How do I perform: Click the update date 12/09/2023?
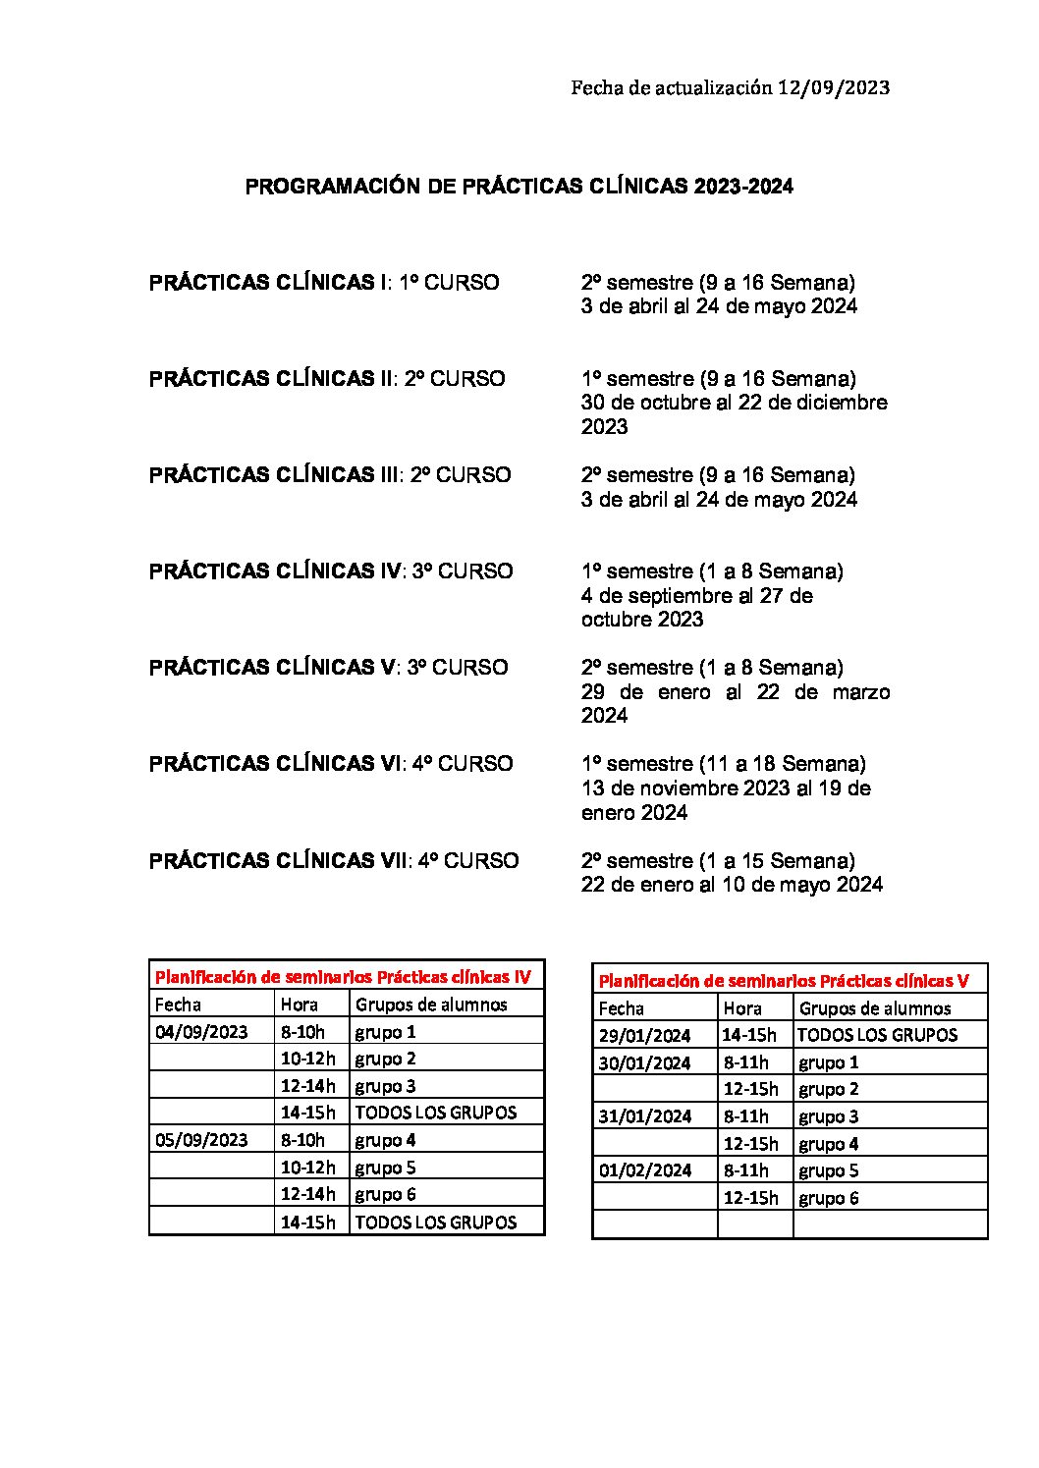833,87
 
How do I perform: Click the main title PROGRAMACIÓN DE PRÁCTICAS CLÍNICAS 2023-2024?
519,187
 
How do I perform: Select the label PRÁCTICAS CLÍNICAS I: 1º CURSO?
324,283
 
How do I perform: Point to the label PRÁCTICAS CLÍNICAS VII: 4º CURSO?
334,861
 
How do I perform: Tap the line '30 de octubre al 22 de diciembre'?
734,403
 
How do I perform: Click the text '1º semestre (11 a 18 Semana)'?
723,764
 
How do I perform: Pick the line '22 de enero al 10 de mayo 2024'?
732,885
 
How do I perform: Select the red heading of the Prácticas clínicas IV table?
343,977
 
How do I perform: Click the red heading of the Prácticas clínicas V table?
784,980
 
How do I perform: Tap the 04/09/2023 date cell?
201,1032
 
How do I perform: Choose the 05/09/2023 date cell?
201,1140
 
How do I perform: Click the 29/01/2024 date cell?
644,1035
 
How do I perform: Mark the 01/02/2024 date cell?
644,1170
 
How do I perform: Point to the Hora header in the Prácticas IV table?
300,1005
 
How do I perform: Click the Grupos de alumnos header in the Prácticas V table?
874,1008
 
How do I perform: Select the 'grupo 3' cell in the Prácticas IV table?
385,1086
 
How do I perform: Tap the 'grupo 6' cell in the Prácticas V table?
828,1198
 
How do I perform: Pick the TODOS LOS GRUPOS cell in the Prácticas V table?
877,1035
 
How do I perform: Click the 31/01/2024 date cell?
644,1116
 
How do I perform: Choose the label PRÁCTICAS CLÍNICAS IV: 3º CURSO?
331,571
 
